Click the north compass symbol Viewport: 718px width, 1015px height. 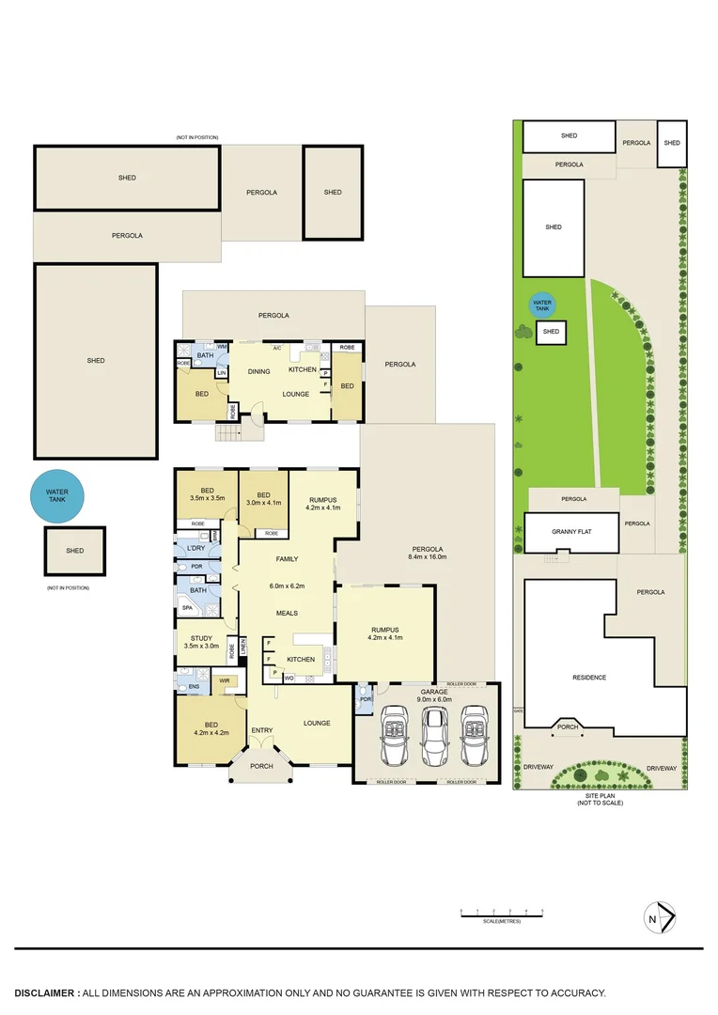[x=663, y=917]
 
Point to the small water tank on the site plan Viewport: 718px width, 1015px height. [x=542, y=305]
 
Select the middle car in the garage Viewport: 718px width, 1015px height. [x=433, y=737]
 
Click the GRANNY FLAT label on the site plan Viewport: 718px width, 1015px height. [x=570, y=532]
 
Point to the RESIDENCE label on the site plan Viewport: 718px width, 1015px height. [x=589, y=677]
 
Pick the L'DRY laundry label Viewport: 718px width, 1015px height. [x=196, y=548]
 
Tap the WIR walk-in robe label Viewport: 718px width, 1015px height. [x=225, y=680]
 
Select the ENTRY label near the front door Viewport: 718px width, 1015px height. [x=261, y=730]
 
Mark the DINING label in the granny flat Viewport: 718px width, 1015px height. [x=259, y=371]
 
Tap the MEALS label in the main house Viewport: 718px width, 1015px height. [x=286, y=613]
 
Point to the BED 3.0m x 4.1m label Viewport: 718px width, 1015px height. [x=263, y=499]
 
